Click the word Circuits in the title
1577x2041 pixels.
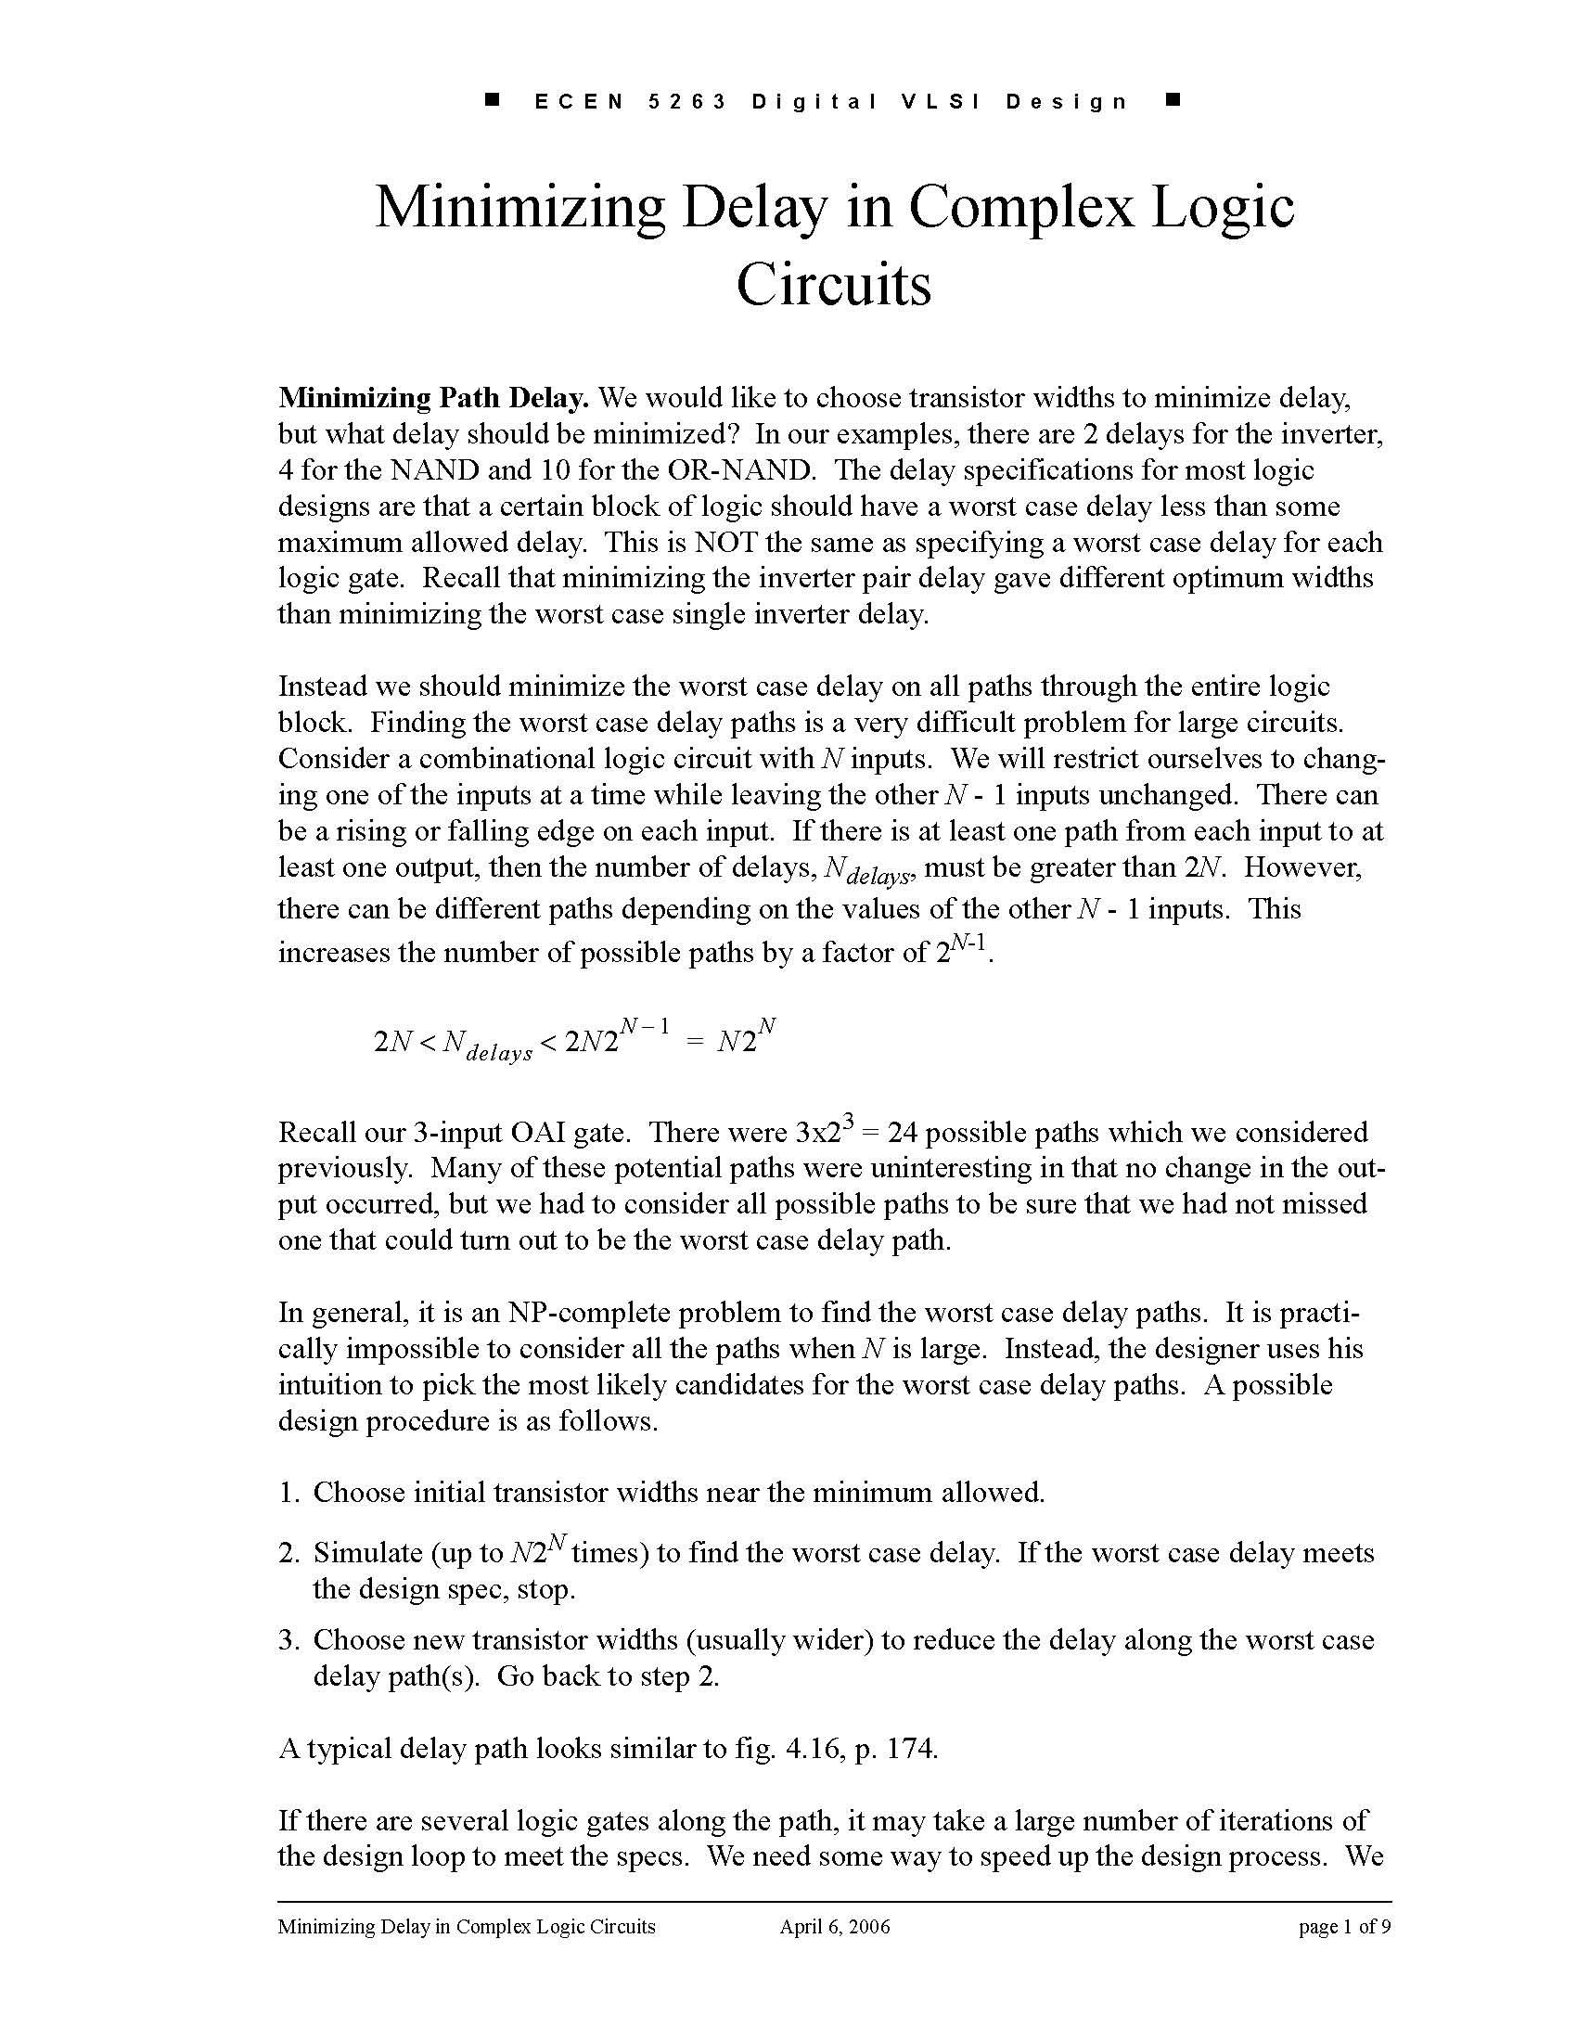833,284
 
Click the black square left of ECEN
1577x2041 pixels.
494,99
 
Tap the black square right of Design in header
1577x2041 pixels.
1174,99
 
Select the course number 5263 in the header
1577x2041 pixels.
687,102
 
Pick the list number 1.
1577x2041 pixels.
288,1493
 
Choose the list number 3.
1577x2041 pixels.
288,1640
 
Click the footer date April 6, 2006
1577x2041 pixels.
834,1926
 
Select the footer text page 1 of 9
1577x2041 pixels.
1344,1926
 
